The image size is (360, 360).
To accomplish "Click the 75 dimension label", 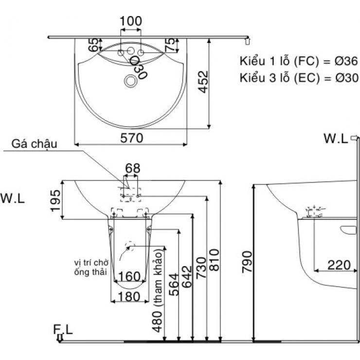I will click(170, 46).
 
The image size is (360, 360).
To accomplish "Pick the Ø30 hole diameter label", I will click(138, 68).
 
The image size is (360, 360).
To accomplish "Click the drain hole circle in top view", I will click(130, 81).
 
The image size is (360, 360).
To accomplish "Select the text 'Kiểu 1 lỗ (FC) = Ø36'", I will click(298, 61).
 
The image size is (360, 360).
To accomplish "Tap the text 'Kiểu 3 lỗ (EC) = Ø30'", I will click(298, 77).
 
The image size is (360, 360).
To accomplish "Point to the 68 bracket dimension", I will click(132, 168).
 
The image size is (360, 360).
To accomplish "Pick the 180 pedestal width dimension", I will click(129, 297).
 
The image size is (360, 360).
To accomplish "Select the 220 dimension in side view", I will click(339, 265).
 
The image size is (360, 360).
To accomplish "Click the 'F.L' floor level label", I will click(63, 330).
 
